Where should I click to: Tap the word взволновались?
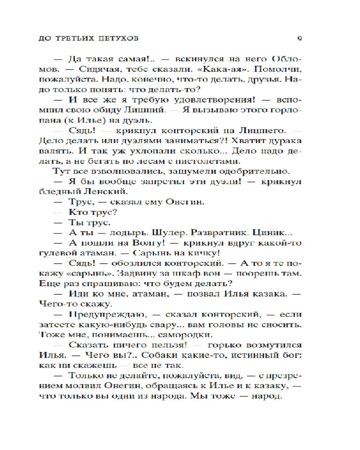tap(117, 171)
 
